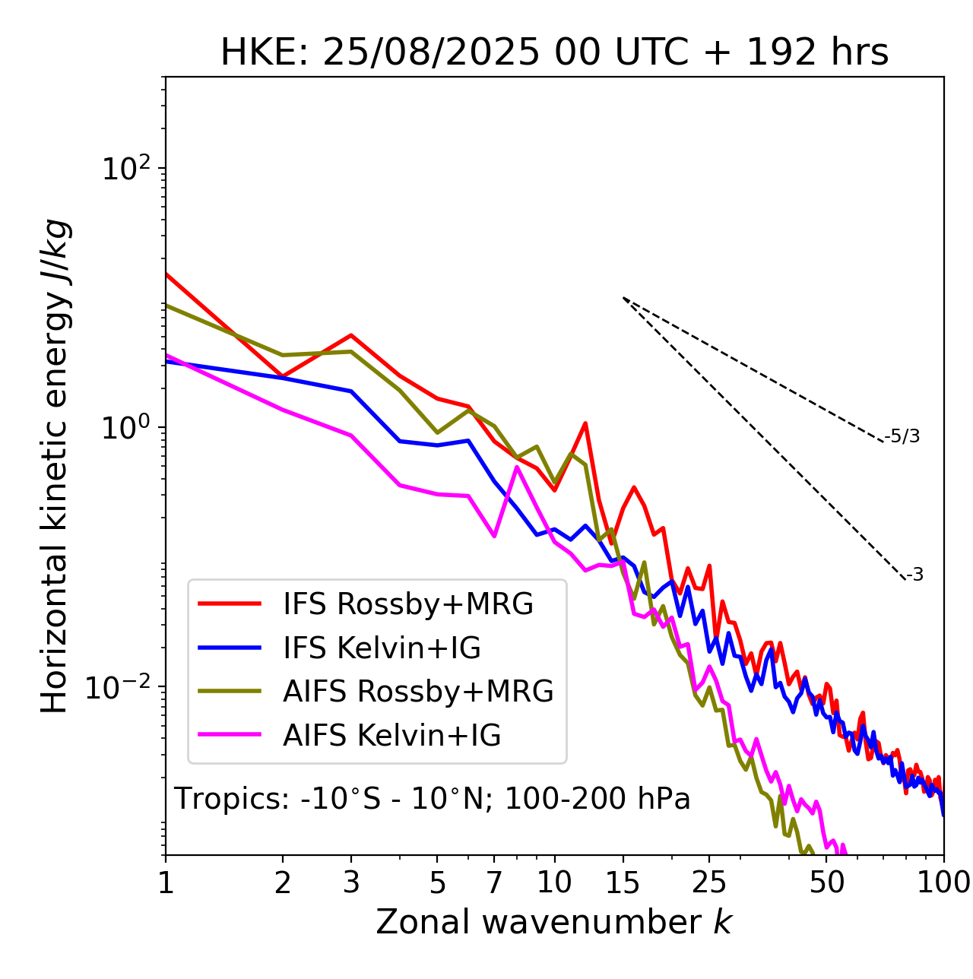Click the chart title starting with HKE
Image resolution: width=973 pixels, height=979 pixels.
(x=554, y=53)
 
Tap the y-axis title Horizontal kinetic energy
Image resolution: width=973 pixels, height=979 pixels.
(x=55, y=466)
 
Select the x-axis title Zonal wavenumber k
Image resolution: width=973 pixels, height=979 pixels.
(x=553, y=922)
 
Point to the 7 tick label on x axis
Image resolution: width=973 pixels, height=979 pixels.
(x=494, y=882)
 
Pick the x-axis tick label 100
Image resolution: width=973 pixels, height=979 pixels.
(x=943, y=882)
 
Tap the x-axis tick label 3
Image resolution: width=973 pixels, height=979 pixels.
(x=351, y=882)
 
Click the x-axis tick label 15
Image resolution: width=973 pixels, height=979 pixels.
(x=623, y=882)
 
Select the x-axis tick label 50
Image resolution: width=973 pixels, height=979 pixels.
(x=826, y=882)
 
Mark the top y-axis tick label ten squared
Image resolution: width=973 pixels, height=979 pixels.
(x=126, y=169)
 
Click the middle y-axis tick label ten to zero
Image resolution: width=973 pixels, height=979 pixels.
(x=126, y=428)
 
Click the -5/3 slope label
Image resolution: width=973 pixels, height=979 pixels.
(x=902, y=436)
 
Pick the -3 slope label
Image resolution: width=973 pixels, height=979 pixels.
(x=914, y=575)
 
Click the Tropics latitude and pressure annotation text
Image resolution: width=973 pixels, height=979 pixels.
(x=432, y=800)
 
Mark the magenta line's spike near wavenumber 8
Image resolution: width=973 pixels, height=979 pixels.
(x=517, y=467)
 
